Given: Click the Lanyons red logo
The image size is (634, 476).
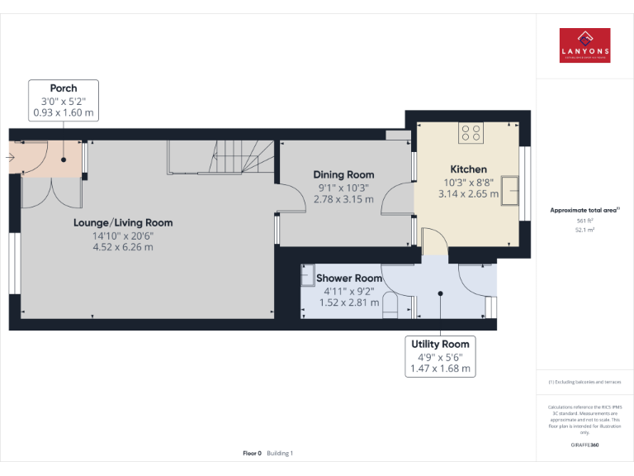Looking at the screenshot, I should [584, 45].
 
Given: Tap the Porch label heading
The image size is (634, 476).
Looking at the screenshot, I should [64, 88].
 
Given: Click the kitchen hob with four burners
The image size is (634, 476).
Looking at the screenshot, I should [471, 133].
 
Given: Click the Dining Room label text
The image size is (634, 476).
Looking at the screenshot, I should [343, 174].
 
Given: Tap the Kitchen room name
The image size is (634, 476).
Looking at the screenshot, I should [468, 169].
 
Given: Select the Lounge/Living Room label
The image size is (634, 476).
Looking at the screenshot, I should [123, 222].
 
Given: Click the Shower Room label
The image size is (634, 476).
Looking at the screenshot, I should [349, 278].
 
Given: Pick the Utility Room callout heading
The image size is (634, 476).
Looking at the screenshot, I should [440, 344].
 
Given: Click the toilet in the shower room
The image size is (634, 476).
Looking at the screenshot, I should [391, 307].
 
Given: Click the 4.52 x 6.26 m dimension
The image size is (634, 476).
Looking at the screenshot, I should [123, 247].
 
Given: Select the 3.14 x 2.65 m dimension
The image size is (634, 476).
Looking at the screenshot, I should [468, 194].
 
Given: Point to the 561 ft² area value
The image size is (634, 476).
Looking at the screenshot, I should [584, 221].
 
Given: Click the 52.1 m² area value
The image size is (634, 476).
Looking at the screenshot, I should [584, 231].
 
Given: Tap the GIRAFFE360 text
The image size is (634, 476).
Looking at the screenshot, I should [584, 445].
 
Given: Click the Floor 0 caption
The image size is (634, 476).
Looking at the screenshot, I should [252, 453].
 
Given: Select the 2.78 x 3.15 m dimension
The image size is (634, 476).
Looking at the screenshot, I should [343, 199].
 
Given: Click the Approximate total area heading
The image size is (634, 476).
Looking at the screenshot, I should [583, 211].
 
